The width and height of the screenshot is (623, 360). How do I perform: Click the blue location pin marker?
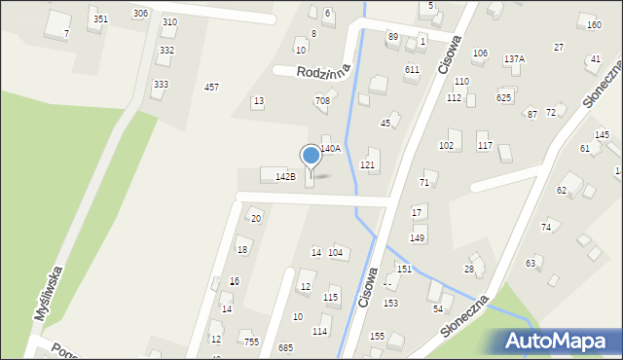(311, 157)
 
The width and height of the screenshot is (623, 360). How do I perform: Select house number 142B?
(285, 176)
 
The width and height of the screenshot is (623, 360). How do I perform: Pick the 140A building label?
(331, 149)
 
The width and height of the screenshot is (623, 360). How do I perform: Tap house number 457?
(211, 88)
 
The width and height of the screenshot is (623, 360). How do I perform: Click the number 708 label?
(322, 101)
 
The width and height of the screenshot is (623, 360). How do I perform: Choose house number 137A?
(514, 59)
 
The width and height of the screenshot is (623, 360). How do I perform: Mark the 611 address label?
(412, 70)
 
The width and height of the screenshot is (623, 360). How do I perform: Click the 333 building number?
(161, 85)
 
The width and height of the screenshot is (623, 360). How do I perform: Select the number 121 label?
(368, 165)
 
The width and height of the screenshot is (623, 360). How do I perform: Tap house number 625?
(503, 97)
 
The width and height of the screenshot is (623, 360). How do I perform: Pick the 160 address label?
(594, 25)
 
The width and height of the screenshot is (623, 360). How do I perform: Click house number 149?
(418, 238)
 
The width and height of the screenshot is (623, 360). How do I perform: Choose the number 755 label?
(251, 342)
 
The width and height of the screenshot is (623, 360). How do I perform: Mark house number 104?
(336, 253)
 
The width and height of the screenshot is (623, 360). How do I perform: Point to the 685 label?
(285, 347)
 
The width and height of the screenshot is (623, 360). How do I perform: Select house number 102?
(446, 146)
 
